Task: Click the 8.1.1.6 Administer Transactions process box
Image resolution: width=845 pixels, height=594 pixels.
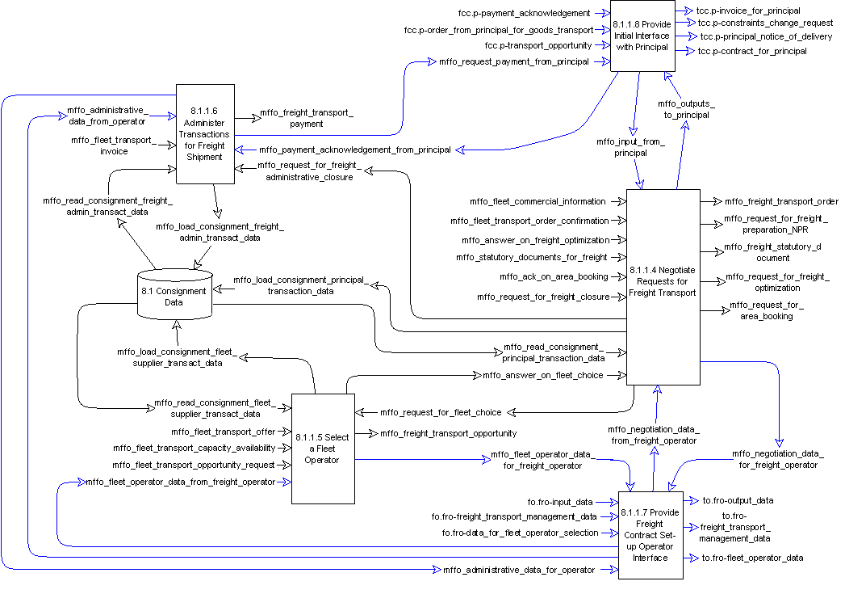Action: coord(206,133)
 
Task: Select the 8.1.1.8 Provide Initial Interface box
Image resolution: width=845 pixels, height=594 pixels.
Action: coord(642,36)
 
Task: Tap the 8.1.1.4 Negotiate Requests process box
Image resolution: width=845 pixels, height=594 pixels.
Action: coord(662,287)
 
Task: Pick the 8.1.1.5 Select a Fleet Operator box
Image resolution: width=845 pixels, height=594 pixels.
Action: coord(322,449)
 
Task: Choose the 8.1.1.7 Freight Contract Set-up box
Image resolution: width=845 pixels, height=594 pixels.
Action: coord(650,535)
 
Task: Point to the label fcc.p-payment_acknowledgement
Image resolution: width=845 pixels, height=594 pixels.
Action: coord(523,13)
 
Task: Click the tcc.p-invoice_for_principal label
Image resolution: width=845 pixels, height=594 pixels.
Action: coord(749,11)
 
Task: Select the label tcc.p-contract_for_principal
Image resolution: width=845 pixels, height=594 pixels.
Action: coord(752,52)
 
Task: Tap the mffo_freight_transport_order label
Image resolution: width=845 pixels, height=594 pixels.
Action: coord(781,201)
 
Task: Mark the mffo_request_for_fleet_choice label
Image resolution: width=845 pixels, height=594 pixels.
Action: coord(441,412)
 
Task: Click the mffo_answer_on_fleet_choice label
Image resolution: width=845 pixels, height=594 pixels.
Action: coord(542,375)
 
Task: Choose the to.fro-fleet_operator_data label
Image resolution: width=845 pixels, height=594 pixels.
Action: coord(752,558)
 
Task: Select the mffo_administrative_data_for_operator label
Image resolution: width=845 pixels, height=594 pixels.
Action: coord(519,571)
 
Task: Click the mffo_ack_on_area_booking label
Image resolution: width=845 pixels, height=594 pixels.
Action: coord(553,276)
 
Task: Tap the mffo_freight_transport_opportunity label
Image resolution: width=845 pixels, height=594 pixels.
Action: coord(448,434)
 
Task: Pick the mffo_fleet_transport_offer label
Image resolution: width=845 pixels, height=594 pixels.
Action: coord(223,432)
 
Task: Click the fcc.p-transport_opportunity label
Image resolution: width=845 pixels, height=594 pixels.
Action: coord(538,45)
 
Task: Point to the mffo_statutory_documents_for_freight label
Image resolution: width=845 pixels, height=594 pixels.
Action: coord(531,258)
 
